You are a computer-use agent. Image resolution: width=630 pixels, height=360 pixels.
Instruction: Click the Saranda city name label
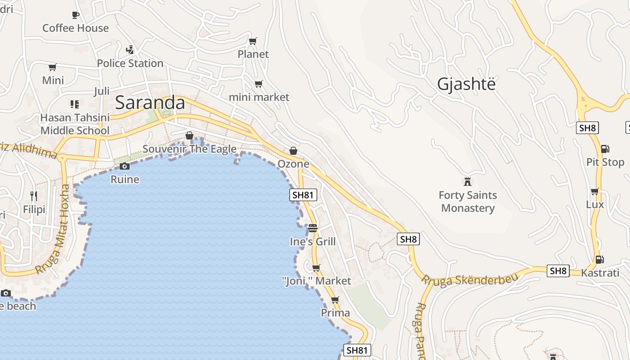[150, 103]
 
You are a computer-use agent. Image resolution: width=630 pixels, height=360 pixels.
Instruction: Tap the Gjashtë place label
[466, 84]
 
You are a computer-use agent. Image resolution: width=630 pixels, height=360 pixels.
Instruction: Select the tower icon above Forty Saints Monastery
[468, 182]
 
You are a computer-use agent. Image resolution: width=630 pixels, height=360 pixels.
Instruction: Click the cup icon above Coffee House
[76, 15]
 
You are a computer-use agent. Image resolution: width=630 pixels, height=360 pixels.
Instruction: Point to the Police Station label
[130, 63]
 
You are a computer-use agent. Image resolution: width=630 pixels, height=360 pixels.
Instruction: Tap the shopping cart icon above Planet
[253, 41]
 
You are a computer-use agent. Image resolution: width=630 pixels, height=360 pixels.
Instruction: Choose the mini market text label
[259, 97]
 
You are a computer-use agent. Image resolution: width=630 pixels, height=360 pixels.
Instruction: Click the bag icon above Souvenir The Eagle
[189, 135]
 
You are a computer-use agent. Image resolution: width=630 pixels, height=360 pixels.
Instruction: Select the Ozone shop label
[293, 164]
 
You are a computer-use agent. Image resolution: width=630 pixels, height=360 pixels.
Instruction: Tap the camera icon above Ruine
[125, 166]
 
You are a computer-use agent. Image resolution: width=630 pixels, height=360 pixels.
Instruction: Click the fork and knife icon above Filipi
[34, 196]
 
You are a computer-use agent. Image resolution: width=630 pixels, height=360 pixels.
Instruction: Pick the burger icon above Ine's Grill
[313, 228]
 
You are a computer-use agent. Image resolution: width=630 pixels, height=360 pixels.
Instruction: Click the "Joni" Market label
[316, 281]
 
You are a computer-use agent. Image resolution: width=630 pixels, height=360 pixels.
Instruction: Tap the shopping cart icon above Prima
[335, 300]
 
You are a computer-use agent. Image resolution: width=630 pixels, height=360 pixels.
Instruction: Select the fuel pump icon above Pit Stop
[605, 149]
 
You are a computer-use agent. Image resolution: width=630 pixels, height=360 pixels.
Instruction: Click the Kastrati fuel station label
[600, 273]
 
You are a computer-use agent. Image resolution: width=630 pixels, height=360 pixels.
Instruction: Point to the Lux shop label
[595, 204]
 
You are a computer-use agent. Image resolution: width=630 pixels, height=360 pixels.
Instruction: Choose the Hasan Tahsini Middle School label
[75, 124]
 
